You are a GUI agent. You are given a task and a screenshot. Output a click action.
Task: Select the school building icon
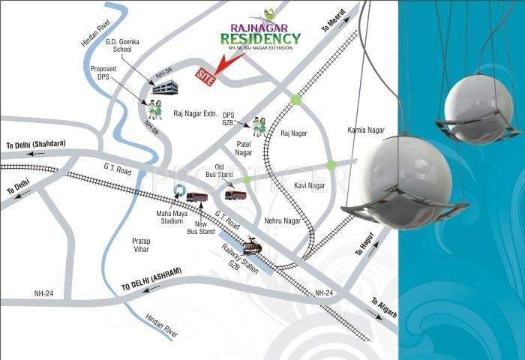click(x=164, y=88)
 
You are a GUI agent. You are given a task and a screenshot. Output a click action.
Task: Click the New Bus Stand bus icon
click(x=197, y=197)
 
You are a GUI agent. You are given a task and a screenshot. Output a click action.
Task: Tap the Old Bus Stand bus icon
click(x=235, y=195)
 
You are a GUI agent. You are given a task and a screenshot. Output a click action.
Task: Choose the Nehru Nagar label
click(x=282, y=221)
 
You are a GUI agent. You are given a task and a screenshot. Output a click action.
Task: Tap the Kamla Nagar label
click(x=366, y=130)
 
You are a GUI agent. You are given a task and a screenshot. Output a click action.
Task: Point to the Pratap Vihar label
click(x=142, y=246)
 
